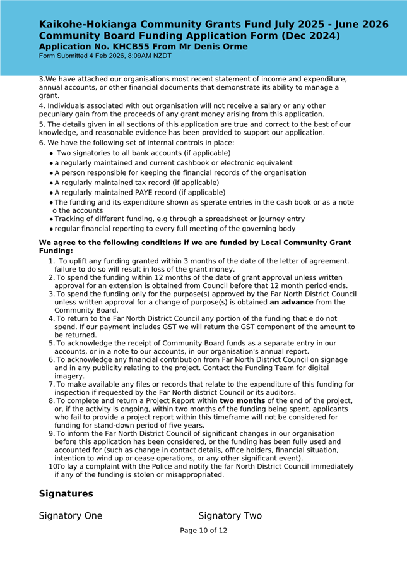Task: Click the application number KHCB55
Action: [x=136, y=47]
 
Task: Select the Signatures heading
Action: [x=66, y=493]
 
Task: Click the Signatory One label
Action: [x=71, y=516]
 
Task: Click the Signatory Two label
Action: [x=230, y=516]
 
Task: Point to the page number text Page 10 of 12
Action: [x=203, y=531]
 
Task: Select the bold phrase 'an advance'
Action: [x=292, y=302]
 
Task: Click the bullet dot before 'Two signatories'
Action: [x=51, y=153]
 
